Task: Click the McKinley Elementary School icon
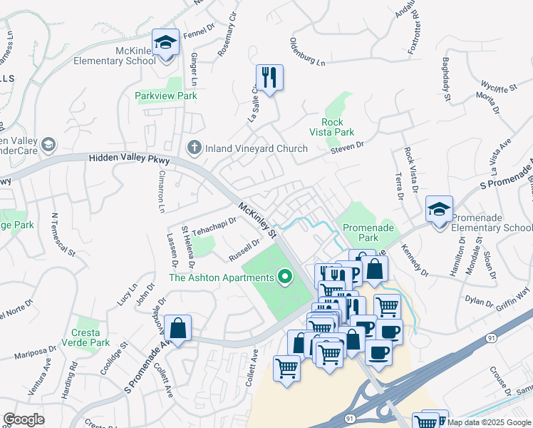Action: click(x=165, y=43)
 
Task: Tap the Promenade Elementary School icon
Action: click(x=438, y=210)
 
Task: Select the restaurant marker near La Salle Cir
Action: click(x=269, y=78)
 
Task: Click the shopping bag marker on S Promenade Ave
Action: click(x=177, y=330)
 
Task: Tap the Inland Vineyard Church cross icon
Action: click(x=193, y=148)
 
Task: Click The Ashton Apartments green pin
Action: click(x=286, y=277)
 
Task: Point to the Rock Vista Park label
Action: click(x=332, y=127)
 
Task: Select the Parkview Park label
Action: click(x=166, y=96)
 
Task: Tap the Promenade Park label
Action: click(x=365, y=232)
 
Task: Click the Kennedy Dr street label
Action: click(x=414, y=262)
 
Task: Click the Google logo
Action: click(x=24, y=419)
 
